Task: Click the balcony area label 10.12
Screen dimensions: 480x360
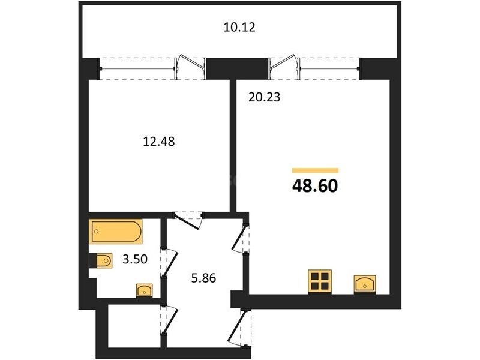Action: (239, 28)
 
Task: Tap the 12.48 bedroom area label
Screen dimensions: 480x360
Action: (159, 142)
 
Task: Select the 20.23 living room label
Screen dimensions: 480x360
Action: (265, 97)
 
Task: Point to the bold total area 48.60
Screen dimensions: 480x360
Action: (315, 186)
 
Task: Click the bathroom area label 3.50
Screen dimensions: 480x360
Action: (135, 259)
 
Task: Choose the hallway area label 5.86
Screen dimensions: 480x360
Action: (203, 278)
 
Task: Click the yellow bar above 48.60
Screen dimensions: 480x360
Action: (316, 170)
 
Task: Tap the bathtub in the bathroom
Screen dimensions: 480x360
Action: (116, 232)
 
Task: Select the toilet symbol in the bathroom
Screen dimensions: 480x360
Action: (102, 261)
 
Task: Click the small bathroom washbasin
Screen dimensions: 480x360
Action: (145, 290)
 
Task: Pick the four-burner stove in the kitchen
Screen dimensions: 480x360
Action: (320, 281)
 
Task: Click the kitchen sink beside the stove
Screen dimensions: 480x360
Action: (365, 284)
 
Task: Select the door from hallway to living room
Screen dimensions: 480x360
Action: (241, 239)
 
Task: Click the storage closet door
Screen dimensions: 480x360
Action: (169, 320)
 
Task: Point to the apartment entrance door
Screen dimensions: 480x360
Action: (239, 328)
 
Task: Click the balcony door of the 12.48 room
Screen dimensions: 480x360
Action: (190, 67)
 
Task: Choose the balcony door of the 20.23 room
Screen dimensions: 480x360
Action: (284, 67)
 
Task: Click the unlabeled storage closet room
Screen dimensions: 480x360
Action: (134, 326)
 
